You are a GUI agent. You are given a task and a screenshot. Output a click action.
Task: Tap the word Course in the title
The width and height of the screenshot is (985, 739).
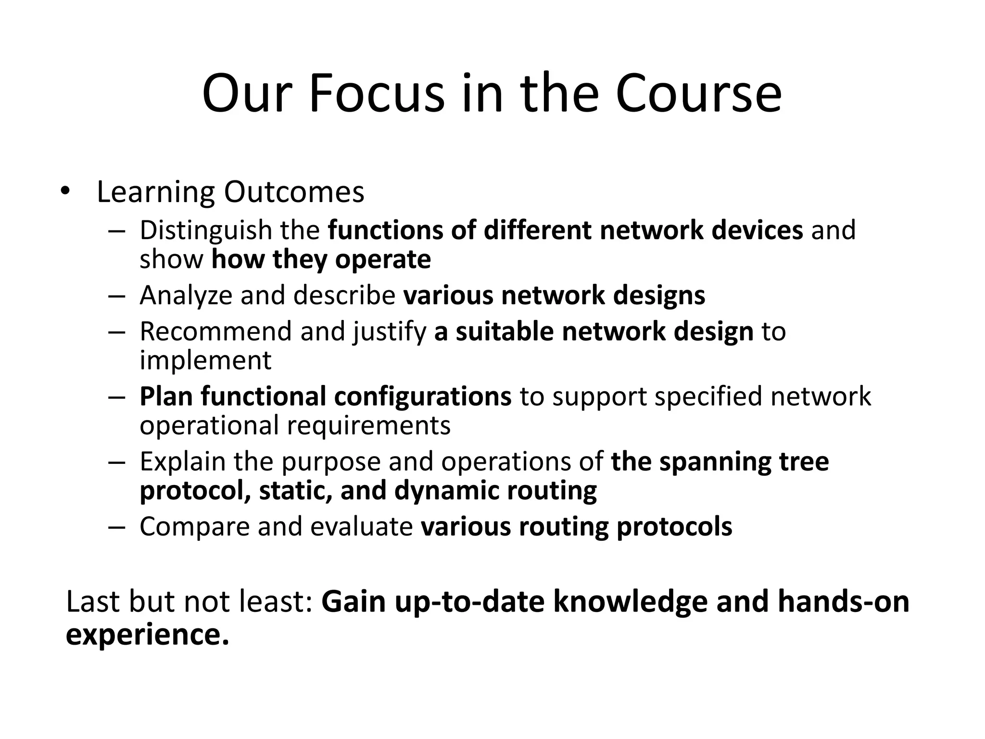click(698, 93)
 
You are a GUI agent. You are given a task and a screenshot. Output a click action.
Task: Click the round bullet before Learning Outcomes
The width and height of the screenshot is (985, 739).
click(65, 191)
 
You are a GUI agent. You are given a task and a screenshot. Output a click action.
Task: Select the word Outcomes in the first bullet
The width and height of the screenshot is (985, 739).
click(294, 192)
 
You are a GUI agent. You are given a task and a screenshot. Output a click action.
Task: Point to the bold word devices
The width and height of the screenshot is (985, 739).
click(757, 230)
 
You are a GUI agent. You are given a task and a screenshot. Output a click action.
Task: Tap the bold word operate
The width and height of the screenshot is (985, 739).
click(383, 260)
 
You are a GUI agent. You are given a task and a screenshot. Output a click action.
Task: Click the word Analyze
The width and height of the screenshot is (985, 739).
click(186, 295)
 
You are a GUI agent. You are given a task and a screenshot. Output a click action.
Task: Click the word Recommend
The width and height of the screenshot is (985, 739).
click(215, 331)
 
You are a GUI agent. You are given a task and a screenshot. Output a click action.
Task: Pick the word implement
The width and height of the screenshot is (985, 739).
click(205, 361)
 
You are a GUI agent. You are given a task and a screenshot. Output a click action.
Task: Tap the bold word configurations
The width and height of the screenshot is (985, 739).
click(422, 397)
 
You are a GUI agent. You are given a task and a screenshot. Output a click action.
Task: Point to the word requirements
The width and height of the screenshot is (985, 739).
click(368, 426)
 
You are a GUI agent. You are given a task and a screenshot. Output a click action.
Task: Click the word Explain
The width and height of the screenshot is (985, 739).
click(182, 462)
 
